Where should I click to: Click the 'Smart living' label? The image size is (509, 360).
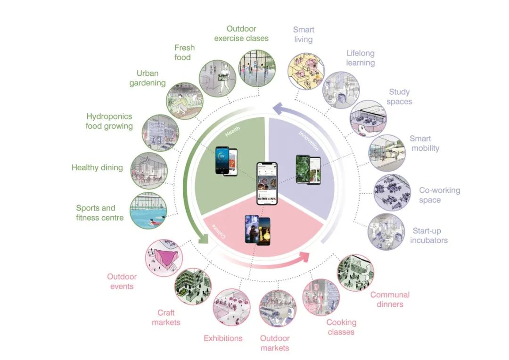tap(303, 34)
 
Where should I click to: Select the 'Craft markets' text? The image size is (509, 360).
tap(166, 317)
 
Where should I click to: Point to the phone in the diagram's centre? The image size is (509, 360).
tap(267, 183)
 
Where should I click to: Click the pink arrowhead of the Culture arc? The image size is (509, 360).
tap(304, 257)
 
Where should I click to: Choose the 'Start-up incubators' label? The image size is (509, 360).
tap(429, 236)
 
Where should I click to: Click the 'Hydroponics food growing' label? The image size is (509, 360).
tap(109, 121)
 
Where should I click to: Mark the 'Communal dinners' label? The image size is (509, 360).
tap(390, 299)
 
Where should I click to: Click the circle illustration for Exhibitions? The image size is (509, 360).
tap(231, 306)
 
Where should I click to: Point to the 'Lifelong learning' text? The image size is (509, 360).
tap(361, 58)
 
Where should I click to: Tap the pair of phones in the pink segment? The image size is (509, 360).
tap(257, 230)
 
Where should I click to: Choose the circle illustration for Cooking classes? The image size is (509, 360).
tap(320, 297)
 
